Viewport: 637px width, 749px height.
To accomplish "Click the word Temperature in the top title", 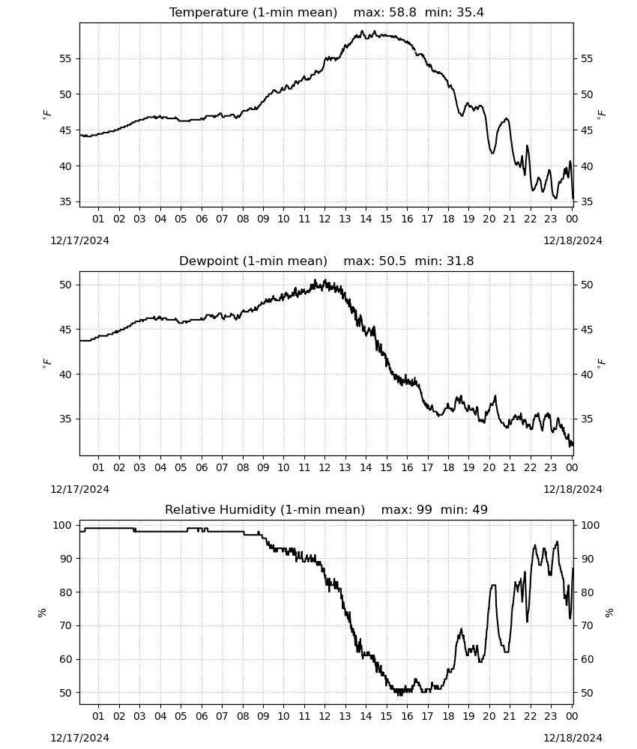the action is click(209, 13).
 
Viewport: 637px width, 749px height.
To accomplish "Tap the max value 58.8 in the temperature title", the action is click(403, 13).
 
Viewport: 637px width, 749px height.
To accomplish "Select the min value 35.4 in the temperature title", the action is click(470, 13).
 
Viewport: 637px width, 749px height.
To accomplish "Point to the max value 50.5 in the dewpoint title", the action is click(393, 261).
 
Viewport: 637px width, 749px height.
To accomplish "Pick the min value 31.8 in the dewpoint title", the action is click(460, 261).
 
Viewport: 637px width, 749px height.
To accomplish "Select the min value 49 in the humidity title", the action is click(480, 509).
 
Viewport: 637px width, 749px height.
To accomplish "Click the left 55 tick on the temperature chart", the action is click(65, 58).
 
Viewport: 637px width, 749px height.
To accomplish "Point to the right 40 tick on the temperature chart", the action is click(586, 166).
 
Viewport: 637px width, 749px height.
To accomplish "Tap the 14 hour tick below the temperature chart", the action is click(366, 219).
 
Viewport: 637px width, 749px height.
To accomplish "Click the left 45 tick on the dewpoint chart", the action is click(65, 330).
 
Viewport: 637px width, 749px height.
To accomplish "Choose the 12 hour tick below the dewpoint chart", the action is click(324, 467).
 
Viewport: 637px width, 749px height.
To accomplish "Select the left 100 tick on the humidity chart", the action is click(63, 526).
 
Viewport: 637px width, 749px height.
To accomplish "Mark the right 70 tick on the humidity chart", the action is click(586, 625).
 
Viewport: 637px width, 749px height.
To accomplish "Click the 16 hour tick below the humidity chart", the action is click(407, 716).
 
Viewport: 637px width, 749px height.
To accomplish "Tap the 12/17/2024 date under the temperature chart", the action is click(79, 240).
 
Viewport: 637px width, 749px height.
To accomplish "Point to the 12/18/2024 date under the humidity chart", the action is click(573, 738).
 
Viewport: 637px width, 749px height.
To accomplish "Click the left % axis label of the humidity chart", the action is click(42, 613).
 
